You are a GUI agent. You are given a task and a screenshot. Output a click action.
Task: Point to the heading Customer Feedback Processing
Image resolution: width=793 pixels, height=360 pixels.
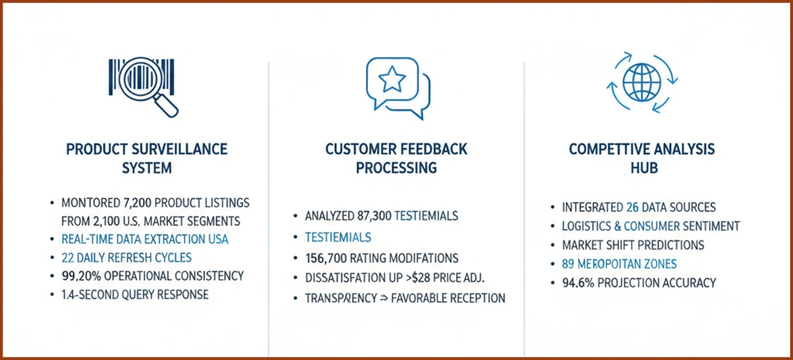coord(396,158)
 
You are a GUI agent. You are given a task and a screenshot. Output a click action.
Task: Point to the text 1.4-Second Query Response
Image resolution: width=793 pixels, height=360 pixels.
coord(134,294)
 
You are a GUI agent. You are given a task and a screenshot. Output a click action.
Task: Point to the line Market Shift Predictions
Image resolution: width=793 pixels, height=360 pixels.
coord(633,245)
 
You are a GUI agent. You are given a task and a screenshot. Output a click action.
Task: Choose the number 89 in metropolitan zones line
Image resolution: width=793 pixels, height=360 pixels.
coord(572,264)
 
